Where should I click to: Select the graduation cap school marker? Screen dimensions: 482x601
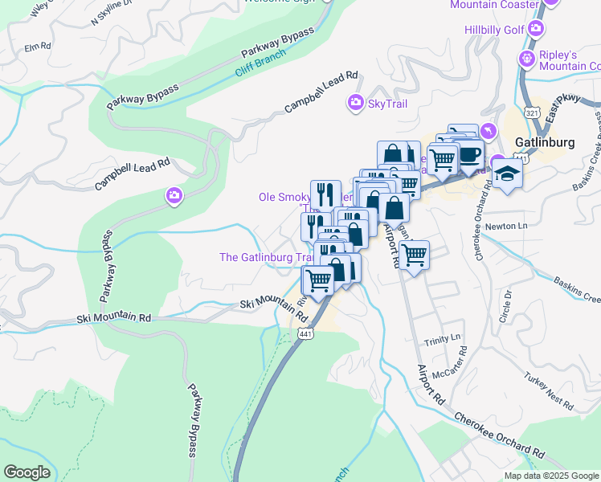coord(507,174)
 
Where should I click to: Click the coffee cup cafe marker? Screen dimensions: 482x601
coord(469,154)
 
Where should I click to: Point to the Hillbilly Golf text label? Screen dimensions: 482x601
coord(493,30)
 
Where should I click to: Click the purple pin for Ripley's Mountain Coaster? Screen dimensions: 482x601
coord(526,58)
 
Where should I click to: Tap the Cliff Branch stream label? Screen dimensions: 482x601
coord(262,70)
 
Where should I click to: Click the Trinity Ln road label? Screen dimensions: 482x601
coord(444,337)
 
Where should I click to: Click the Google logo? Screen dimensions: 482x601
coord(27,472)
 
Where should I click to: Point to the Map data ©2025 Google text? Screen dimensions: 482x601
coord(550,476)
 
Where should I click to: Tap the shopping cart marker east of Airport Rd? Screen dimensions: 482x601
coord(414,255)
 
